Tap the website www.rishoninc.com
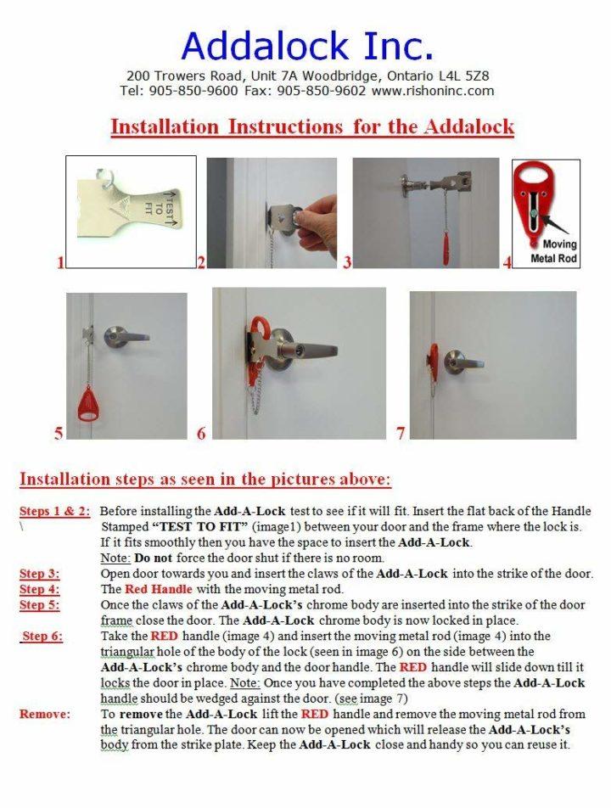[432, 90]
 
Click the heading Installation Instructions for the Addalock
[312, 127]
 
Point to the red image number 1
[60, 263]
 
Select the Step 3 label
[39, 574]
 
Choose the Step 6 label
[42, 636]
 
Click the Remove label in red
[44, 714]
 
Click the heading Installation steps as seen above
[205, 480]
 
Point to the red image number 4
[507, 263]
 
